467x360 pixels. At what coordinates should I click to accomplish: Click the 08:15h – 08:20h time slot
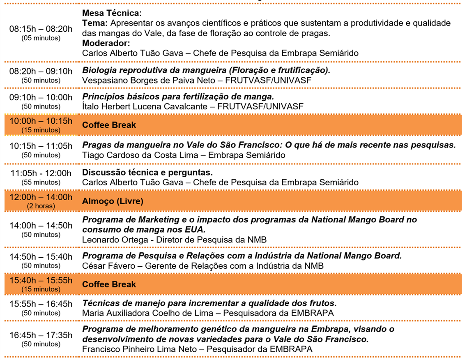[x=41, y=29]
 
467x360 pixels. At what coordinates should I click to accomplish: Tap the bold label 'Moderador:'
[x=106, y=43]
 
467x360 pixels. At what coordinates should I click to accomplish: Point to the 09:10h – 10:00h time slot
[x=41, y=97]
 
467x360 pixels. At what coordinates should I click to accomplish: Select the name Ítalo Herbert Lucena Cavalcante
[x=147, y=106]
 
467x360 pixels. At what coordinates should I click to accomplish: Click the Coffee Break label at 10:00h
[x=109, y=125]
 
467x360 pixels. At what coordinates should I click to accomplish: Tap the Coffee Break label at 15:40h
[x=109, y=284]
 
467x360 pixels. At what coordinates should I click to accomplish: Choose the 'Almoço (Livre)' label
[x=113, y=201]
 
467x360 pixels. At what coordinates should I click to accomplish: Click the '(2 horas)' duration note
[x=41, y=205]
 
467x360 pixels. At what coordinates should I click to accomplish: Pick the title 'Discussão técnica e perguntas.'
[x=147, y=173]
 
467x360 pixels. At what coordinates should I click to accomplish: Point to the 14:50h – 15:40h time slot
[x=41, y=256]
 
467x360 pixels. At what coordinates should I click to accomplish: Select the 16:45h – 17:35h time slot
[x=41, y=335]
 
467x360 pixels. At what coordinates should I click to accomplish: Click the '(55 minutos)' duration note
[x=41, y=182]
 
